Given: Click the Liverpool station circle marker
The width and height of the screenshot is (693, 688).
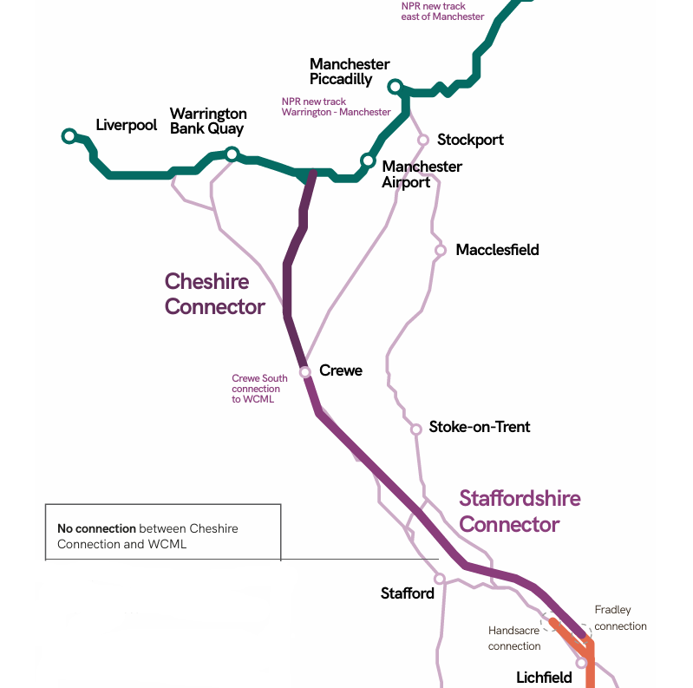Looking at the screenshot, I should (x=69, y=135).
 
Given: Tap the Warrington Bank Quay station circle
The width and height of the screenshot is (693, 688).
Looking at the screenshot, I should (x=232, y=154).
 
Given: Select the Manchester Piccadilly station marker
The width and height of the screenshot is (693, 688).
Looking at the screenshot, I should (x=396, y=86).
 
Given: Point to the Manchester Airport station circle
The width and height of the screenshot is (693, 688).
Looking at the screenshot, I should (x=368, y=161).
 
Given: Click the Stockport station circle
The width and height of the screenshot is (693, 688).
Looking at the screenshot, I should (x=423, y=140).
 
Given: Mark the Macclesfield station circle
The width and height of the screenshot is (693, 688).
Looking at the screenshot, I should (x=440, y=250).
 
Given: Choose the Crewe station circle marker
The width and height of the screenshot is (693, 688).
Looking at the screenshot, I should (x=305, y=371).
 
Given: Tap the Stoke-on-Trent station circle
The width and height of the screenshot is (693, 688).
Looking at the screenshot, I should (x=416, y=428).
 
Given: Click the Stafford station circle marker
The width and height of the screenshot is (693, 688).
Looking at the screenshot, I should (x=440, y=578).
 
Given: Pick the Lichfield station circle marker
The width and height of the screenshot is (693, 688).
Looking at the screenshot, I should (x=581, y=662).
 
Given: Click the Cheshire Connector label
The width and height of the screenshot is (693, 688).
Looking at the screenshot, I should (x=214, y=294).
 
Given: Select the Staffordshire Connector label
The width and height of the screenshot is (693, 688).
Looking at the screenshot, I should (x=520, y=511).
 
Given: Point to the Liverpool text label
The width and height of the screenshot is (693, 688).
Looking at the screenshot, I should (x=126, y=125).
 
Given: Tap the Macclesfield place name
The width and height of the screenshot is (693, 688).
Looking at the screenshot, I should (x=497, y=250).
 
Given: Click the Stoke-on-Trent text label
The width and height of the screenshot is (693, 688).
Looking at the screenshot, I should (x=480, y=427).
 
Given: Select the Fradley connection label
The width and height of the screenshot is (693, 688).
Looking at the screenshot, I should (x=620, y=618).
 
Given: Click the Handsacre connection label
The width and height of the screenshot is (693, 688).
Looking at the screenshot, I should (x=514, y=639).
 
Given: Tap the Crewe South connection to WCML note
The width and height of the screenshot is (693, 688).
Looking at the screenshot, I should (x=259, y=389).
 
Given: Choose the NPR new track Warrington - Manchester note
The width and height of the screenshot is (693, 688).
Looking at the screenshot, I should (x=336, y=107).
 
